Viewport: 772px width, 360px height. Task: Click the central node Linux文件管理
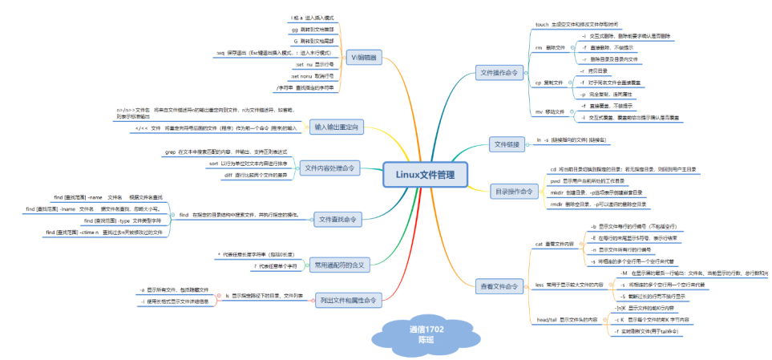coord(423,175)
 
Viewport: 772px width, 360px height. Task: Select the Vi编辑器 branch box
coord(365,59)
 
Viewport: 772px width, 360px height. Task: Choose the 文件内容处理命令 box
coord(330,168)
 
